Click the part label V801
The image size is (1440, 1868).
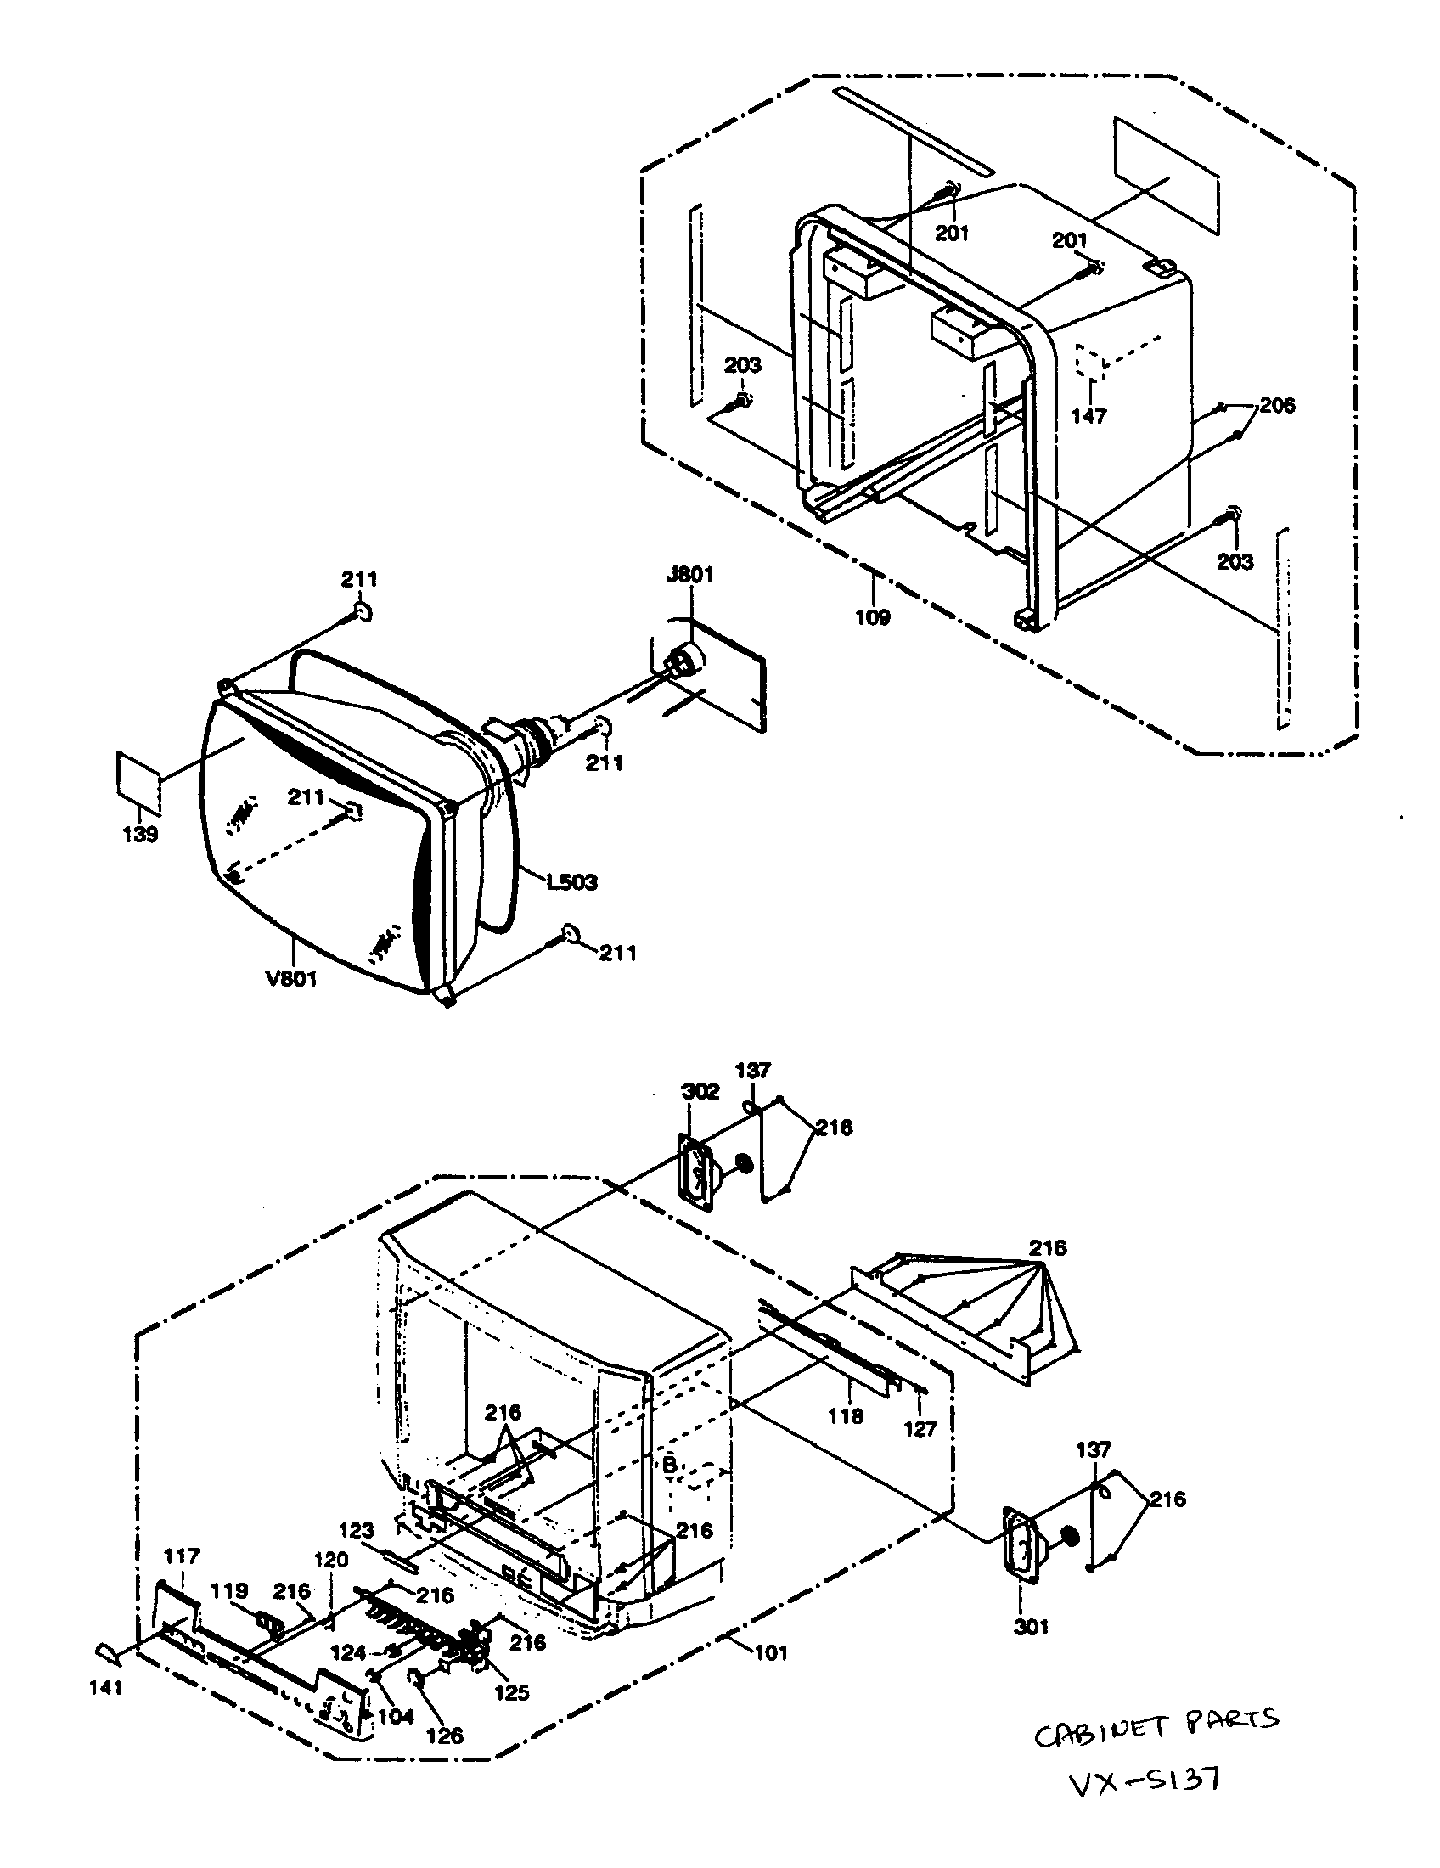[291, 977]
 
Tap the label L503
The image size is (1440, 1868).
[572, 881]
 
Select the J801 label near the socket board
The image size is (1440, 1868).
[689, 575]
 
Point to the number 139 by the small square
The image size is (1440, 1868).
[140, 835]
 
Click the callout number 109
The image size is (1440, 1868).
[872, 616]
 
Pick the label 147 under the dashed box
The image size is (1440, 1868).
[1088, 417]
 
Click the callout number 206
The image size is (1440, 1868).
[1277, 404]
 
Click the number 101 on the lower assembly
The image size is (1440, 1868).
[770, 1653]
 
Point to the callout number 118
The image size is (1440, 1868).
[846, 1416]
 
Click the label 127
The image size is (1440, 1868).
[920, 1428]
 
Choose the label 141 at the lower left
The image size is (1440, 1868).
[106, 1687]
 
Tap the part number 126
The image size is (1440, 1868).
[445, 1735]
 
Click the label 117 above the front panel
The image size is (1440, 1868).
[182, 1556]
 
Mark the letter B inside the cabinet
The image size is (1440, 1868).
[671, 1465]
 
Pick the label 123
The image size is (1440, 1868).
[357, 1529]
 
